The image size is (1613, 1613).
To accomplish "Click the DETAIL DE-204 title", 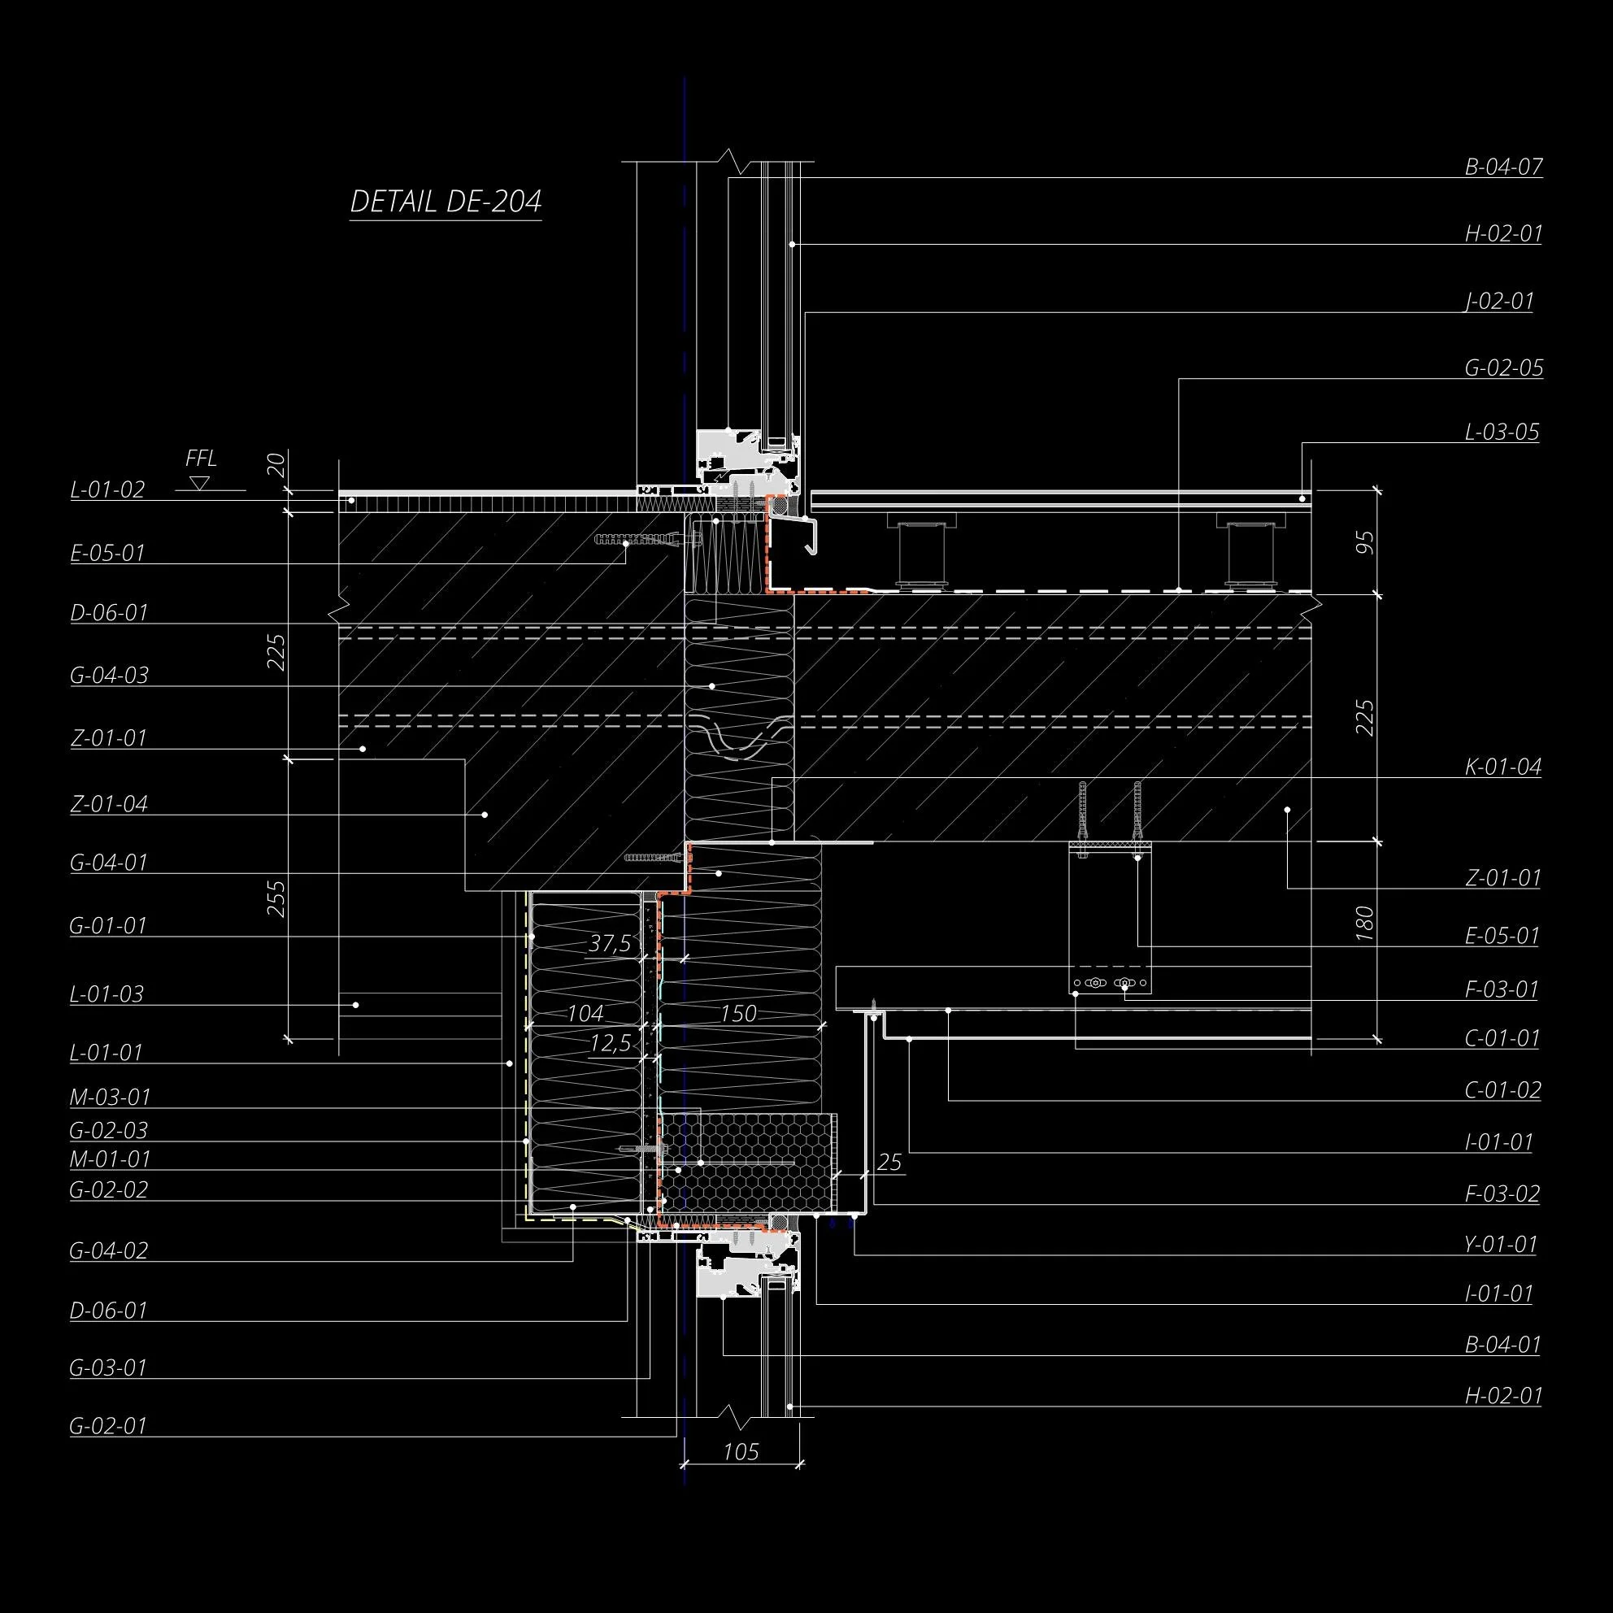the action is click(x=446, y=202).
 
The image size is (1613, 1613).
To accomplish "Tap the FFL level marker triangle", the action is click(x=198, y=483).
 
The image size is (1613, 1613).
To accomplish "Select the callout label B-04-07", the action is click(x=1503, y=166).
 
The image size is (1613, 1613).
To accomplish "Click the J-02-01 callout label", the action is click(x=1499, y=301).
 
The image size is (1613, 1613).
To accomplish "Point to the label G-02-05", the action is click(x=1503, y=367).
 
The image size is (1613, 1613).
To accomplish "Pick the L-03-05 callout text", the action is click(x=1502, y=433).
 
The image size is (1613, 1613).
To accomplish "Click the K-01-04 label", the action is click(x=1502, y=767).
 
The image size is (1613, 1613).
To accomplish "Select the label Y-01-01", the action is click(x=1500, y=1244).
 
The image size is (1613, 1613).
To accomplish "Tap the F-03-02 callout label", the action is click(x=1502, y=1193).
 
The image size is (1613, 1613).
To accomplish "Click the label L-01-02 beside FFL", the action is click(x=107, y=489).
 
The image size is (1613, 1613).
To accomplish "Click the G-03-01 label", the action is click(x=108, y=1367).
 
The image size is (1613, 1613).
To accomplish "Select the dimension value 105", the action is click(x=741, y=1452).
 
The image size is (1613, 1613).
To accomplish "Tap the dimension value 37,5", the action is click(x=610, y=943).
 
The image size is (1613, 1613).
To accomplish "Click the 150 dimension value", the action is click(x=738, y=1014).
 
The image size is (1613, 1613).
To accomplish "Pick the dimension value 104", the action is click(x=585, y=1014).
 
